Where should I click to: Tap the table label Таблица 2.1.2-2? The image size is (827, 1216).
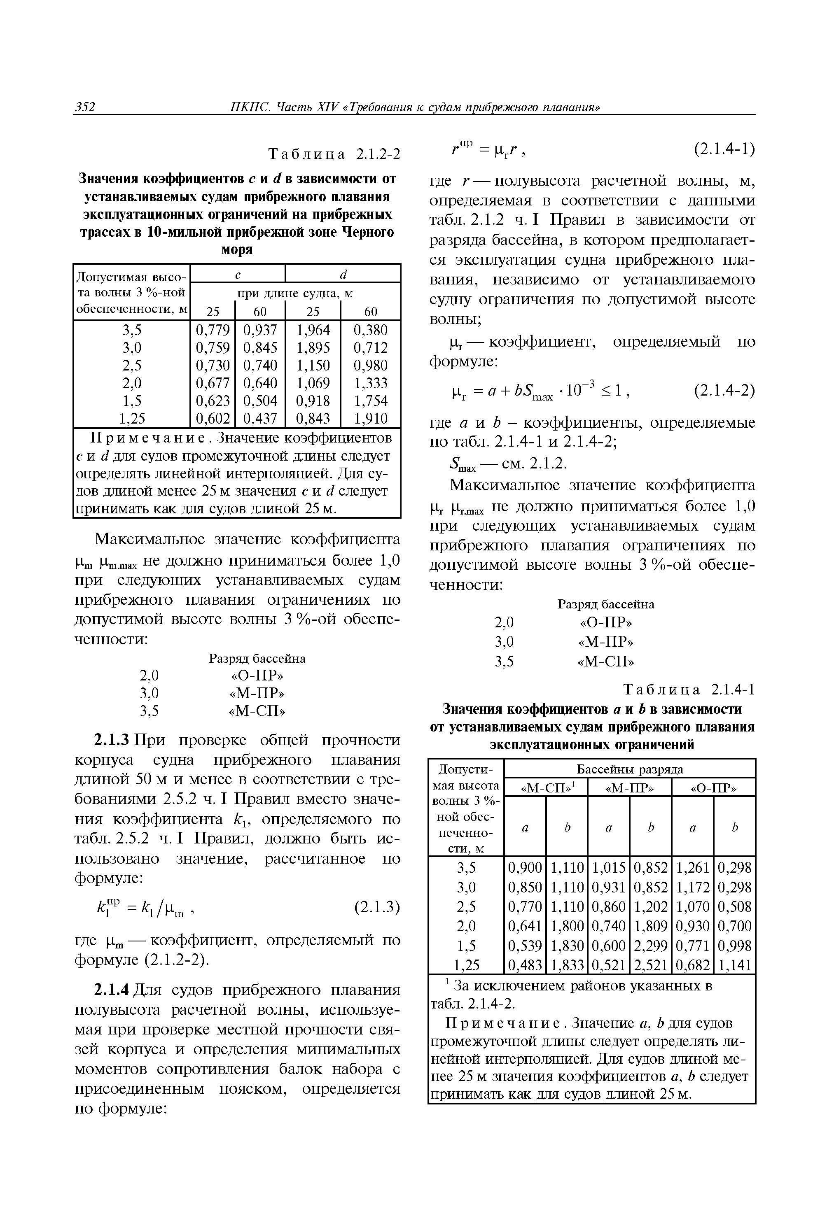pos(334,154)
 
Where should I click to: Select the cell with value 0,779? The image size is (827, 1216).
pos(213,330)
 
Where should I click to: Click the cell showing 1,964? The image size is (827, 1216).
pos(313,330)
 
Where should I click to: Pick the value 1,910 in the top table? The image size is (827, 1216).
pos(371,418)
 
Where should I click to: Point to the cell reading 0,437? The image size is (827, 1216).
pos(260,418)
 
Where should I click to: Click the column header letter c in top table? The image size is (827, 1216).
pos(238,273)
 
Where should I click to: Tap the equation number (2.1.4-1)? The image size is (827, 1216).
pos(724,150)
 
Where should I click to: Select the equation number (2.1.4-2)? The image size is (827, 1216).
pos(724,391)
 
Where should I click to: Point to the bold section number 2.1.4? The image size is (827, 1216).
pos(111,990)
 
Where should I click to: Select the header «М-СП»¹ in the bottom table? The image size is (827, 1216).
pos(545,787)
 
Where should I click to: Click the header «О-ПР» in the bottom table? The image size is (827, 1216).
pos(713,787)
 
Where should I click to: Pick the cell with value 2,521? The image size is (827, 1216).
pos(650,964)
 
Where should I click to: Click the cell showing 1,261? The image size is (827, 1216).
pos(692,867)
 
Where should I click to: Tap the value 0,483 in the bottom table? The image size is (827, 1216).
pos(525,964)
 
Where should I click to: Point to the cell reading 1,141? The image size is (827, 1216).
pos(734,964)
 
